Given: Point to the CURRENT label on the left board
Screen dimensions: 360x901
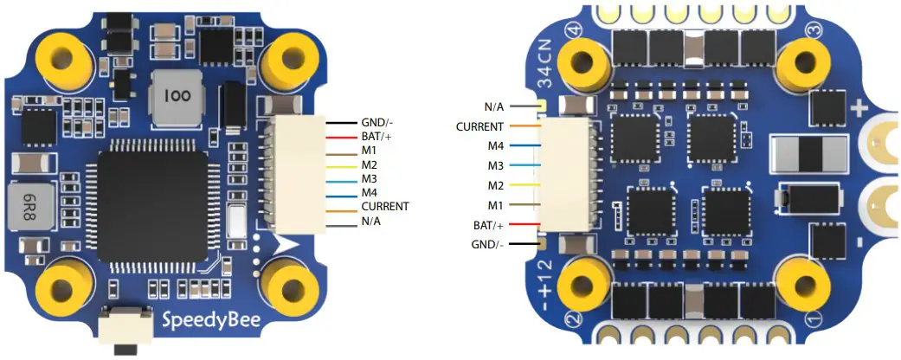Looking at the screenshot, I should pyautogui.click(x=385, y=206).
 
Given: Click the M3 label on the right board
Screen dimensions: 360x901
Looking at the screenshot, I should pyautogui.click(x=495, y=164).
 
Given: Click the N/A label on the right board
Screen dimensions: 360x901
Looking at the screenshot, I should pyautogui.click(x=494, y=106).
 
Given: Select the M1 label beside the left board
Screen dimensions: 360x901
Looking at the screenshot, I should pyautogui.click(x=369, y=151).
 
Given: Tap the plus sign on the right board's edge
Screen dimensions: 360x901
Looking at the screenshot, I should pyautogui.click(x=860, y=110).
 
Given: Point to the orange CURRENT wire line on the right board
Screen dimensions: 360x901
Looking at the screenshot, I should pyautogui.click(x=525, y=126).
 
